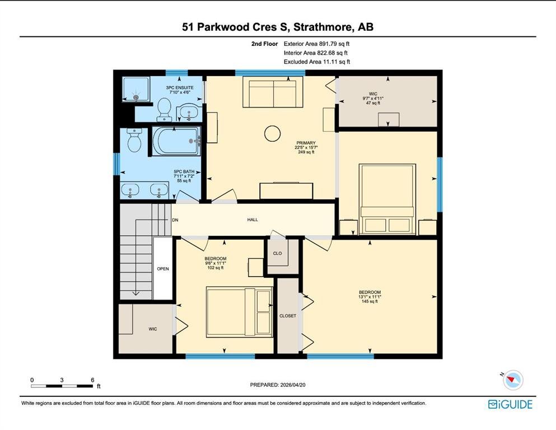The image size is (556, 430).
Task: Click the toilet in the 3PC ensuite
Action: (164, 109)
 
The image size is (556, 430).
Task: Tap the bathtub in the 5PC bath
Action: (176, 141)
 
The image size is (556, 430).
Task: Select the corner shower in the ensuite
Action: (136, 89)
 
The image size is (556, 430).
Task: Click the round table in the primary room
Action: (272, 134)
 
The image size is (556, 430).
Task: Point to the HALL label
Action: (253, 220)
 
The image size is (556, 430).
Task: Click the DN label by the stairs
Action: (175, 220)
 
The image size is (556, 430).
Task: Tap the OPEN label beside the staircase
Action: (163, 269)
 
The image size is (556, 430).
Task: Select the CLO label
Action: (277, 253)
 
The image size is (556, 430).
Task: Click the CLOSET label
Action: (288, 316)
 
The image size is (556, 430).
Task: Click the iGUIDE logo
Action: (510, 404)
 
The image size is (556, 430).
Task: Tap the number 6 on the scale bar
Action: (92, 380)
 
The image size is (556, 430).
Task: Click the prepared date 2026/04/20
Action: (292, 385)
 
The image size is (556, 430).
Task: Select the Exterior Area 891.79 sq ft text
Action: (317, 44)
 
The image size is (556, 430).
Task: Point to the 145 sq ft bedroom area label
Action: (370, 302)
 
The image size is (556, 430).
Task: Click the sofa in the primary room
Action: (273, 94)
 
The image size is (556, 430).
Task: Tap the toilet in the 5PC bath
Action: (134, 140)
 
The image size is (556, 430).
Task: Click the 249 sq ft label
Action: (306, 152)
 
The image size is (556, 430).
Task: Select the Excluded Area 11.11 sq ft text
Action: (317, 62)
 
